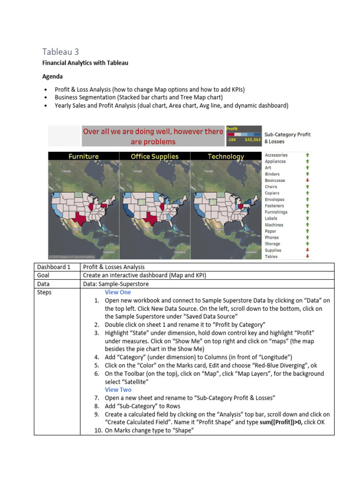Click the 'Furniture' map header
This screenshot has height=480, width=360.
click(x=84, y=157)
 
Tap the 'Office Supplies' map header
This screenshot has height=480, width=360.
click(x=155, y=157)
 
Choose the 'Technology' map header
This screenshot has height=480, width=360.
click(x=226, y=157)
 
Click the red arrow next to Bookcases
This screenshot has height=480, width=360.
click(x=307, y=180)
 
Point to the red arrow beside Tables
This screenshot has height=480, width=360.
click(x=307, y=256)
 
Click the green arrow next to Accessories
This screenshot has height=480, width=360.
click(x=307, y=155)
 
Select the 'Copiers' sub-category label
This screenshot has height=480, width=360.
click(x=272, y=193)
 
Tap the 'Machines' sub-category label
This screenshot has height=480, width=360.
click(x=274, y=225)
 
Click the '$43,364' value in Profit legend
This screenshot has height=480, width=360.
click(x=253, y=140)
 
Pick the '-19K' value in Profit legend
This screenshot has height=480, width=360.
click(x=232, y=140)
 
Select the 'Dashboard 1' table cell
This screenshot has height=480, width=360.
click(x=53, y=267)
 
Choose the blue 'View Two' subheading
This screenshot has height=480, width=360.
click(x=118, y=390)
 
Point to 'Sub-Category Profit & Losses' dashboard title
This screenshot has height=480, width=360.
click(x=287, y=137)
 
